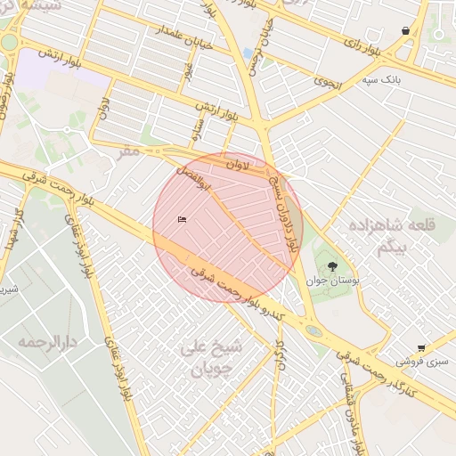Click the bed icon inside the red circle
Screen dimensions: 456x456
pos(183,220)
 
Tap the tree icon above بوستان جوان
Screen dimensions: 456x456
pos(333,265)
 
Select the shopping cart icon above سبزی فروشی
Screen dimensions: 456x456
pos(421,348)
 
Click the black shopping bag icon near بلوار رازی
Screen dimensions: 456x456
pos(406,31)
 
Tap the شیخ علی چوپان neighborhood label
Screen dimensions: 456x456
pos(207,356)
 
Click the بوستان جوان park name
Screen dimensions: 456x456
pos(332,280)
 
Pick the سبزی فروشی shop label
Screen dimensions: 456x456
pos(425,362)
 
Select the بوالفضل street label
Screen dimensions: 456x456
pos(192,178)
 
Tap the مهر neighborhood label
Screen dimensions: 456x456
pos(130,151)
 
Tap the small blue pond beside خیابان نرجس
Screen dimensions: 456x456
pos(247,54)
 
